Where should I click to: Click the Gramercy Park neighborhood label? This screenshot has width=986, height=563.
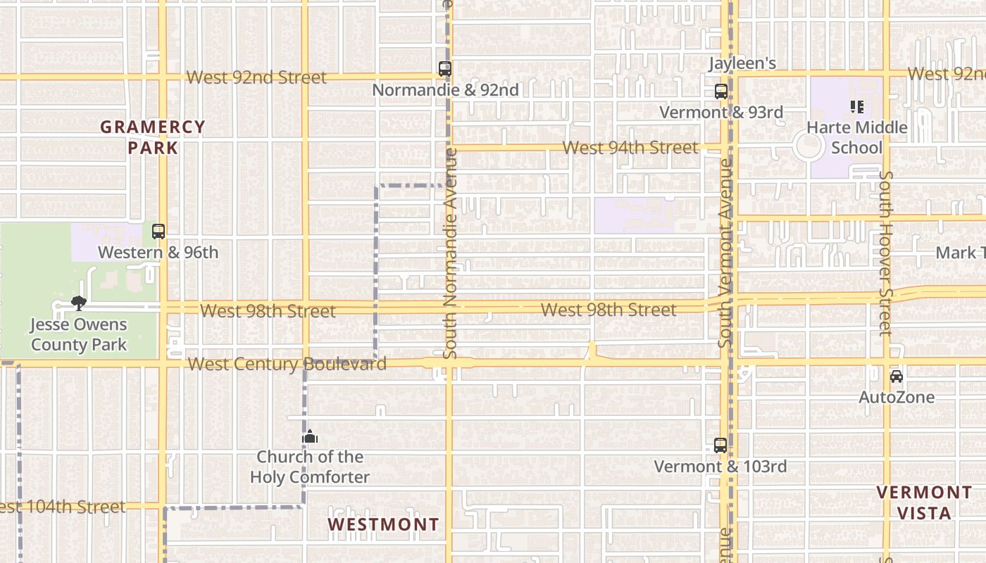pyautogui.click(x=153, y=137)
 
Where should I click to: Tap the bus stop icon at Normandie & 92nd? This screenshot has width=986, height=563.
pyautogui.click(x=444, y=69)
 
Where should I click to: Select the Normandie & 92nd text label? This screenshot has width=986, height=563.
pyautogui.click(x=445, y=90)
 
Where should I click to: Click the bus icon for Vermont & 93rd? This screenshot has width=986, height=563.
pyautogui.click(x=720, y=91)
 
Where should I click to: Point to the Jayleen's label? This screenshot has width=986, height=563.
pyautogui.click(x=742, y=63)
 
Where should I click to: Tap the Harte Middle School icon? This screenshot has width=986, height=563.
pyautogui.click(x=856, y=107)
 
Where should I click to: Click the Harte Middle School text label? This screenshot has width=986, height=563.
pyautogui.click(x=856, y=137)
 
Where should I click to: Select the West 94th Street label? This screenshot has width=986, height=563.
pyautogui.click(x=630, y=148)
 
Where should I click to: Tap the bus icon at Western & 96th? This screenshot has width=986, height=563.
pyautogui.click(x=158, y=231)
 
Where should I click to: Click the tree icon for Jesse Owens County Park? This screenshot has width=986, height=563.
pyautogui.click(x=79, y=303)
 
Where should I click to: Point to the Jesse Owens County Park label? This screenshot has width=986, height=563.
pyautogui.click(x=79, y=334)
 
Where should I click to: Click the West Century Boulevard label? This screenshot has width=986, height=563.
pyautogui.click(x=287, y=364)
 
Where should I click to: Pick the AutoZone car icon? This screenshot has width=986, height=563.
pyautogui.click(x=896, y=376)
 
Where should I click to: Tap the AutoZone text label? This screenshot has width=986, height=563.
pyautogui.click(x=896, y=397)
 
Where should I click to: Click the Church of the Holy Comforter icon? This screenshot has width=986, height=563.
pyautogui.click(x=309, y=437)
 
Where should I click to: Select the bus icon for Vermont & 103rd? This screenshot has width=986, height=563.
pyautogui.click(x=720, y=445)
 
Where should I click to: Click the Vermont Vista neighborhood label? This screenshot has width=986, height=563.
pyautogui.click(x=924, y=502)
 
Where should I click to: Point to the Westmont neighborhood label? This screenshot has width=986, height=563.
pyautogui.click(x=383, y=525)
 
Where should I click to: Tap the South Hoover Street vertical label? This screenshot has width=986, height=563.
pyautogui.click(x=886, y=253)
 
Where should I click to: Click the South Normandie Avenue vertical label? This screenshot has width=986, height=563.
pyautogui.click(x=450, y=253)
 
